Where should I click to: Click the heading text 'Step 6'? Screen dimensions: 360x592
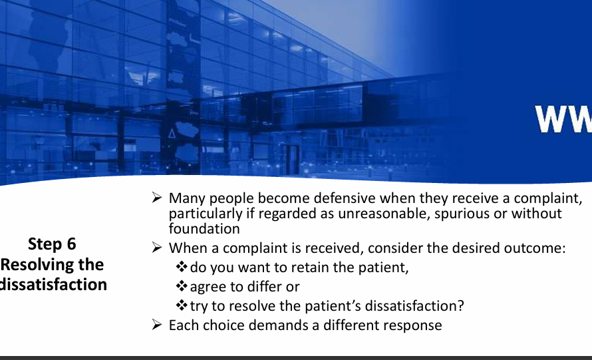52,244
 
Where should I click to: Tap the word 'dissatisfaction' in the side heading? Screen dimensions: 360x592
53,284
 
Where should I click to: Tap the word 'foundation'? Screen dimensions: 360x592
204,229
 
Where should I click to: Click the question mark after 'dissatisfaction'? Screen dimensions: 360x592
460,306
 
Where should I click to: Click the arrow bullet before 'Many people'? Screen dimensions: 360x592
157,198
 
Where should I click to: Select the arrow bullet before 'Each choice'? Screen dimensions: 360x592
157,325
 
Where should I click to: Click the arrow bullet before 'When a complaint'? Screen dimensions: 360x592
157,248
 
